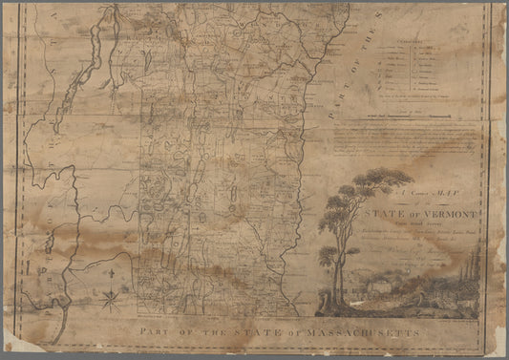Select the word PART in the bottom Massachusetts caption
(x=145, y=328)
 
